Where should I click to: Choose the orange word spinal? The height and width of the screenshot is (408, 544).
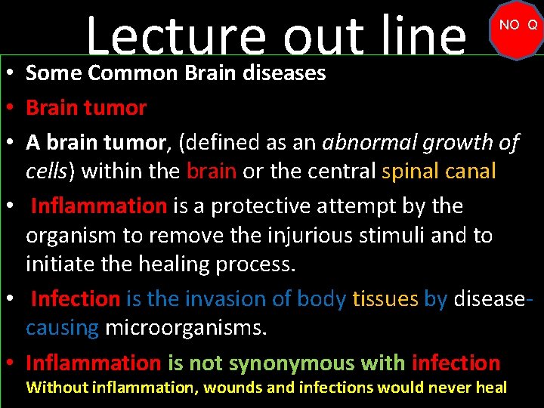click(413, 171)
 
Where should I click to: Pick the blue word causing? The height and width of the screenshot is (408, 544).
click(62, 329)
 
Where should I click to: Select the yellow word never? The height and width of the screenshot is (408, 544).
click(456, 388)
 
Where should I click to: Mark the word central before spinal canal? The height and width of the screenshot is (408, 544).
click(341, 171)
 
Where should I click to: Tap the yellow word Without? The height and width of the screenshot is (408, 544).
click(56, 388)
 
